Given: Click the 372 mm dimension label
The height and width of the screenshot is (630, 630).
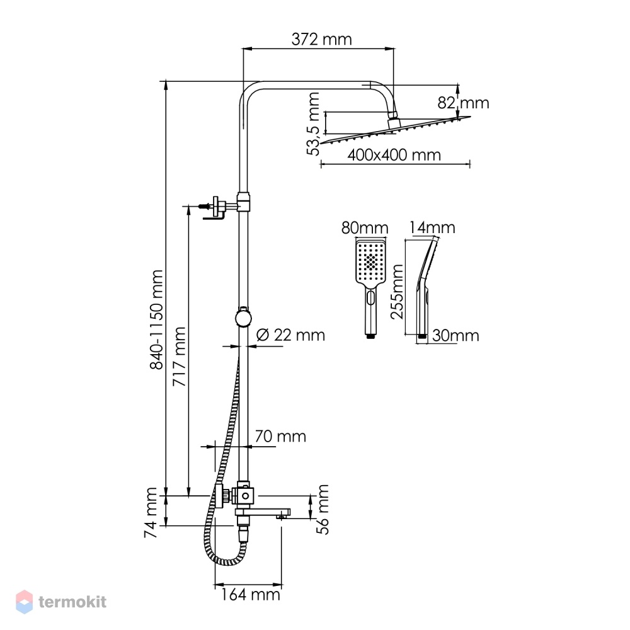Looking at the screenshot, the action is (321, 39).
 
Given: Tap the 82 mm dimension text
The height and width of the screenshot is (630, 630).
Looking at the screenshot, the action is (463, 103).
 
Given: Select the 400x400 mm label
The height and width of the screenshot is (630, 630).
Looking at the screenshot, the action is (394, 155).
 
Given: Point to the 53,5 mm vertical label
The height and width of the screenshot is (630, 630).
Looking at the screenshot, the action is (313, 123).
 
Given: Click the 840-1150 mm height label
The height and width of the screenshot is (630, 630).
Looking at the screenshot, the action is (156, 319).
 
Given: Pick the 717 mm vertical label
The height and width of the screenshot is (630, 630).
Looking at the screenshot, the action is (179, 357).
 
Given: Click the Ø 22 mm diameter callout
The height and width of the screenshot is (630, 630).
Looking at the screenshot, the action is (290, 335).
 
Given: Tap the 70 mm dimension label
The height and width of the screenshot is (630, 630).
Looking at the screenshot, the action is (280, 436).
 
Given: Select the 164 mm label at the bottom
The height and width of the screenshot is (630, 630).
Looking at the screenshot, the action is (250, 594).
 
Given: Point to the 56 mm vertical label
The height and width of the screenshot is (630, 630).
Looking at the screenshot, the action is (322, 509).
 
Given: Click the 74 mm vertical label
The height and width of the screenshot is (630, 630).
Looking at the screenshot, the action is (151, 513).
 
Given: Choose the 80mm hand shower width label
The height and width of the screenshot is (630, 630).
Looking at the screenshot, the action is (365, 228).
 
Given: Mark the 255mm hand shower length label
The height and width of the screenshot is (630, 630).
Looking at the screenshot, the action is (398, 291).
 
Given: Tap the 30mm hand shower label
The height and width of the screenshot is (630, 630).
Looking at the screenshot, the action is (455, 336).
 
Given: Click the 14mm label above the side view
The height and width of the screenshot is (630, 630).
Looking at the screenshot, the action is (432, 228).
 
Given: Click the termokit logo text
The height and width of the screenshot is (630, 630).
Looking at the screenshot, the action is (72, 602).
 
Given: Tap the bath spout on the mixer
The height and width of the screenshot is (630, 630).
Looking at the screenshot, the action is (263, 513).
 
